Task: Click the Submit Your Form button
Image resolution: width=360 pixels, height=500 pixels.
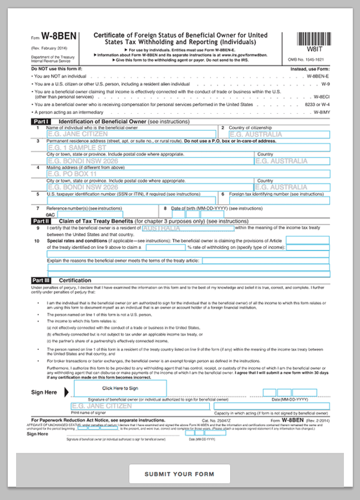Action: [x=179, y=474]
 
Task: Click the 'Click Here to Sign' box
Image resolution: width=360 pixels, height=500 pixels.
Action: [x=120, y=388]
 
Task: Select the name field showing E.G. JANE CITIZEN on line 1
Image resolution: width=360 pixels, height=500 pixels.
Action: [x=131, y=134]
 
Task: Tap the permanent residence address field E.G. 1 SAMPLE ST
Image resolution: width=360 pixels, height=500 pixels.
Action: [x=188, y=148]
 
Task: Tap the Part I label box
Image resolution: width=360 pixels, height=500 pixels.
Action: [x=41, y=121]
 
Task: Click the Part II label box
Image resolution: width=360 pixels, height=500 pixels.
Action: [x=41, y=221]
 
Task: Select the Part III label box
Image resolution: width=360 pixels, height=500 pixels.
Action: [x=42, y=280]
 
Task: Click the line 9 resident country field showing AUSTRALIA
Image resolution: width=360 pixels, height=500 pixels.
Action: [x=188, y=228]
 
